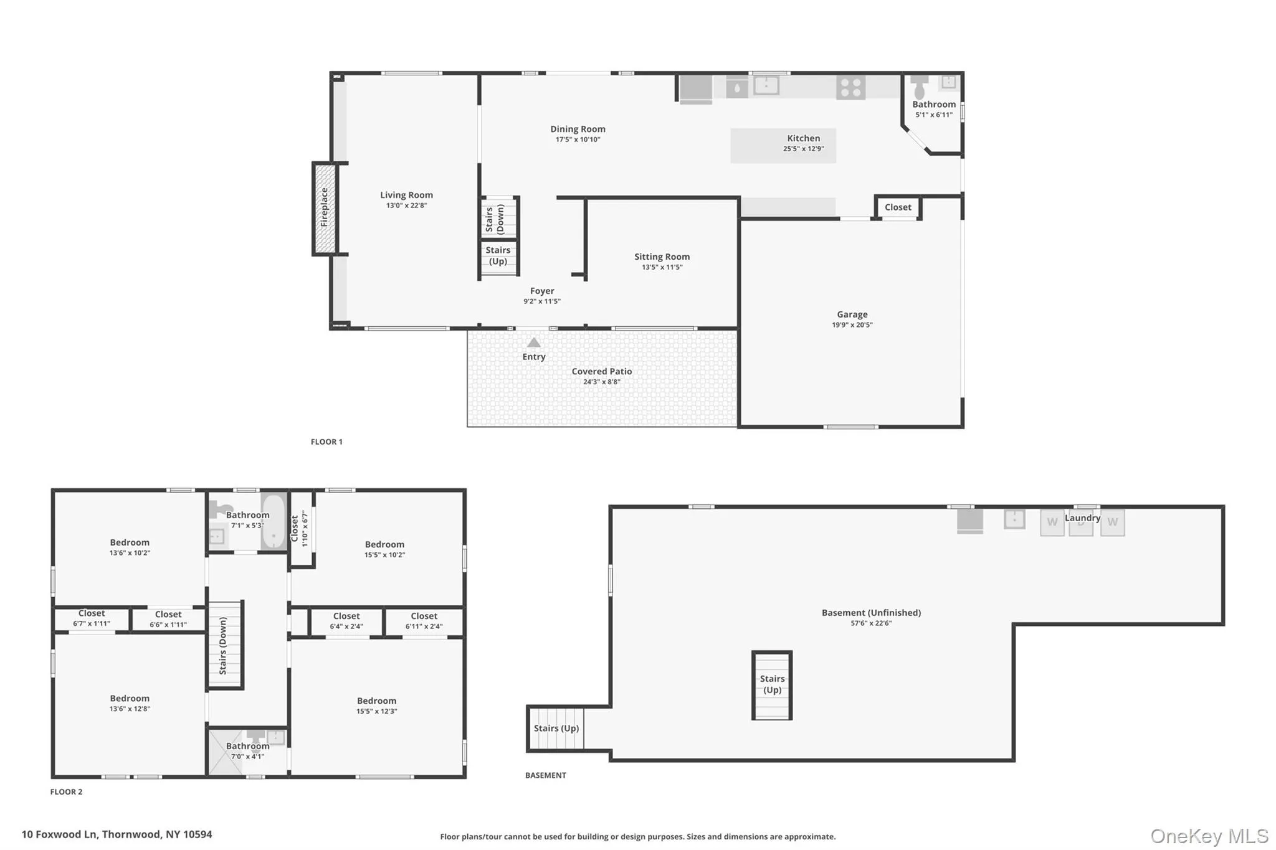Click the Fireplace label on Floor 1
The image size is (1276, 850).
click(324, 207)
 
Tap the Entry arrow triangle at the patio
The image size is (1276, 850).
click(534, 342)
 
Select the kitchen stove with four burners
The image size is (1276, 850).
click(851, 87)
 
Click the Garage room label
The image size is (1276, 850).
click(852, 314)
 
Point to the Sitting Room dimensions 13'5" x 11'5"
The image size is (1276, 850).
click(662, 267)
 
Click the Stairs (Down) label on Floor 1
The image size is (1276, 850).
click(495, 219)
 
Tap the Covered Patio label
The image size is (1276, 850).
click(601, 371)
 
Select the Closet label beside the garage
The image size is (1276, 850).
click(898, 207)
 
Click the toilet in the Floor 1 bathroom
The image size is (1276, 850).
click(919, 87)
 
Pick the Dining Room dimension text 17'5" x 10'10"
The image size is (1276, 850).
click(578, 139)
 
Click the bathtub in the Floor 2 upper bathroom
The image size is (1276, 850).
click(273, 521)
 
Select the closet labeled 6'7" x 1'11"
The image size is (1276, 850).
click(92, 618)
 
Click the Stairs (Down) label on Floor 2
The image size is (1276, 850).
click(222, 646)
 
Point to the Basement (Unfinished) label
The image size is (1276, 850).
click(871, 613)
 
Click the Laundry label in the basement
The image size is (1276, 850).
click(1082, 517)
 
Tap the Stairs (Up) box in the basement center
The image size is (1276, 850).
click(772, 685)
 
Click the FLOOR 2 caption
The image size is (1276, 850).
click(66, 792)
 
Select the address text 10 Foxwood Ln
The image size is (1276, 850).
click(59, 834)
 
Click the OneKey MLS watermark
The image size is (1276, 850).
click(1209, 836)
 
